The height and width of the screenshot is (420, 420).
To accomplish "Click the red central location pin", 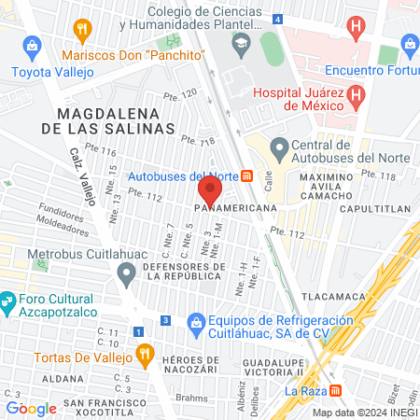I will [x=210, y=191].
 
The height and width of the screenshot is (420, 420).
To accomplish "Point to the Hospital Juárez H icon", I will [x=355, y=95].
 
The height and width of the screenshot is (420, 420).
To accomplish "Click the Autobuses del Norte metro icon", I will [x=247, y=175].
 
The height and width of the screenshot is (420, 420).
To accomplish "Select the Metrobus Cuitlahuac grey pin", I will [x=127, y=274].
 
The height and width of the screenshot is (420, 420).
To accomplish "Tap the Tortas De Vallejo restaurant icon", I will [x=144, y=354].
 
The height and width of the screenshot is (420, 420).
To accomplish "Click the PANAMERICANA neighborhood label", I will [x=237, y=208].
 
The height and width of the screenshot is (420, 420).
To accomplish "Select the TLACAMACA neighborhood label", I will [x=337, y=297].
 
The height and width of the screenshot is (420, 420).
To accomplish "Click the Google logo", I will [x=31, y=408].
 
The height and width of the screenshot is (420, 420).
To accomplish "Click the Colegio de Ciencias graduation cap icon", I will [x=242, y=42].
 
